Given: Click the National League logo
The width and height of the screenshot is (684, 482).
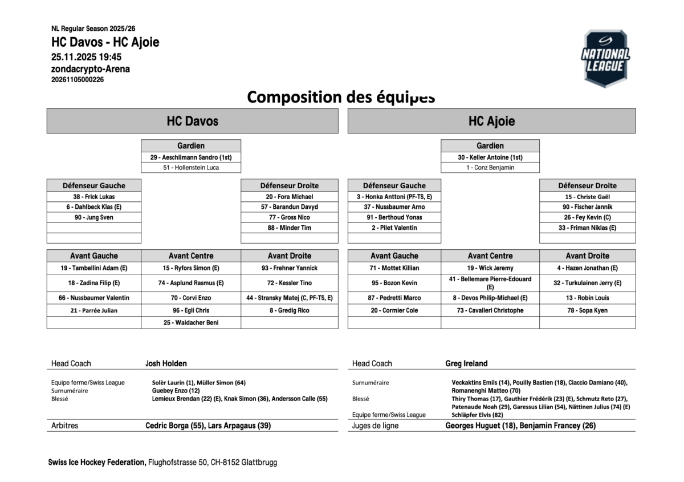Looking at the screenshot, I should tap(605, 59).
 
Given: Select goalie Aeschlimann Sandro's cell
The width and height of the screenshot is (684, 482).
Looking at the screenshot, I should tap(191, 157).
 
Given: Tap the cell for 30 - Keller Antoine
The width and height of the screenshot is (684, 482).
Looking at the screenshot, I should tap(490, 157).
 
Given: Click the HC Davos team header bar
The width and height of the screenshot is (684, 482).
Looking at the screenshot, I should tap(192, 121).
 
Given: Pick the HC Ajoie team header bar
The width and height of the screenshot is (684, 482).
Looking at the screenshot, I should tap(491, 121).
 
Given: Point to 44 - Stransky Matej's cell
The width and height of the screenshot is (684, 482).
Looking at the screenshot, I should tap(289, 298).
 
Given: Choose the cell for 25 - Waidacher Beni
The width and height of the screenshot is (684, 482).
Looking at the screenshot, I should tap(191, 322).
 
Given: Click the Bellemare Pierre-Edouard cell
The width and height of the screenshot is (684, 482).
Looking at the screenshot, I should tap(490, 282).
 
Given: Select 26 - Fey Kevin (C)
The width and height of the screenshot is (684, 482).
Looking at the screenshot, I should tap(587, 217).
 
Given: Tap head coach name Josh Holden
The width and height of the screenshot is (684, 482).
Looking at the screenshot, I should tap(166, 363).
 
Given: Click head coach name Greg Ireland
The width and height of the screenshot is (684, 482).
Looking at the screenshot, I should tap(466, 363).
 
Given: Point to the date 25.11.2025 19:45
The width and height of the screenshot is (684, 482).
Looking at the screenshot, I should tap(86, 57).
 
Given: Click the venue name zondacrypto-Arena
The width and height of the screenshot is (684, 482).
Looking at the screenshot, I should tap(91, 69).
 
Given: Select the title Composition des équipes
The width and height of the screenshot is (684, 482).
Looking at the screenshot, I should tap(341, 97).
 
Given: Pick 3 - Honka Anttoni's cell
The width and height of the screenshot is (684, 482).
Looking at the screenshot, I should tap(394, 197).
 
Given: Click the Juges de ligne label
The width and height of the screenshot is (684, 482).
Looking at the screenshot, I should tap(375, 426).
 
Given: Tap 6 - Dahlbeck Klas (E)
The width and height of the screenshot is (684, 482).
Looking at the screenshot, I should tap(94, 207).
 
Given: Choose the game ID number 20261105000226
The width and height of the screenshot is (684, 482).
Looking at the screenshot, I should tap(78, 80).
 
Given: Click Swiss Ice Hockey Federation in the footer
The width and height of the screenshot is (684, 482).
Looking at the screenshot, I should tap(97, 462).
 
